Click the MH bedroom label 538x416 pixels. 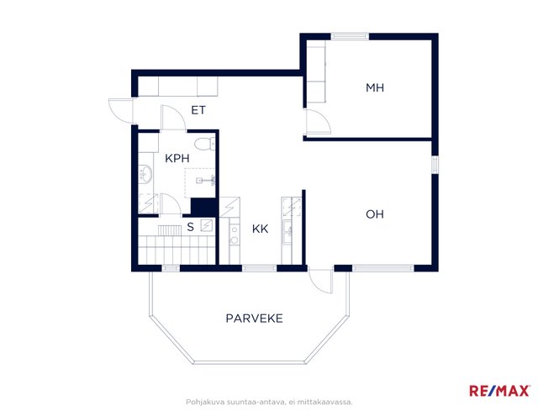point(375,87)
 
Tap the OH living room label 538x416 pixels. point(375,214)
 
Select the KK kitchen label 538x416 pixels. point(260,229)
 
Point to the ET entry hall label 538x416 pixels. point(198,110)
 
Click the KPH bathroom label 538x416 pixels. point(177,159)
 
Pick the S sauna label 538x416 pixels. point(191,227)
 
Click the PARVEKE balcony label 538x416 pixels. point(254,319)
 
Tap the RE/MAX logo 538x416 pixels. point(499,391)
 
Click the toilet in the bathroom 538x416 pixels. point(204,144)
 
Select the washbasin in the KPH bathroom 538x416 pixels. point(145,174)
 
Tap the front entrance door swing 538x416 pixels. point(120,110)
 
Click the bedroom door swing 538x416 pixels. point(319,121)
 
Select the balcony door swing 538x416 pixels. point(320,282)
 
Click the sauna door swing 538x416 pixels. point(171,205)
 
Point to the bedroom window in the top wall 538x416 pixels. point(350,36)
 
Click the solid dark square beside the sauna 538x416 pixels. point(203,208)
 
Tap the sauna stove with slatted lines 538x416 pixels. point(170,230)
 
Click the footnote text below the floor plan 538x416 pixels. point(269,402)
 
